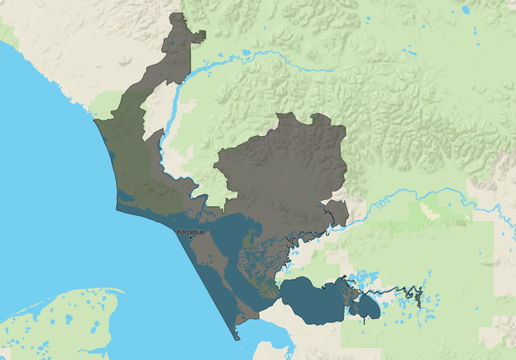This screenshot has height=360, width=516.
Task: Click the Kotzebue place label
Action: click(x=190, y=231)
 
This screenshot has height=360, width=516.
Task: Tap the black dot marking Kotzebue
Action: click(x=190, y=238)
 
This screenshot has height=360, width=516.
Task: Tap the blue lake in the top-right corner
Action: click(x=466, y=10)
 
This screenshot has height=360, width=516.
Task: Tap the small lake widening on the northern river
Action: click(x=245, y=54)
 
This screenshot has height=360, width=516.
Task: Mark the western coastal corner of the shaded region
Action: click(x=95, y=122)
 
